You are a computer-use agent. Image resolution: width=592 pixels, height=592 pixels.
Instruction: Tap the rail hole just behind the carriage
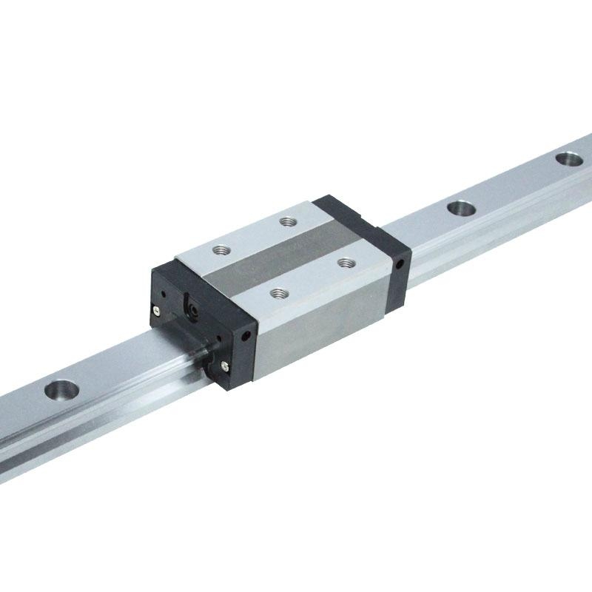pyautogui.click(x=460, y=209)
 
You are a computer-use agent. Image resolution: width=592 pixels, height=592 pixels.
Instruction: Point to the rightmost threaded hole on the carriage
pyautogui.click(x=343, y=261)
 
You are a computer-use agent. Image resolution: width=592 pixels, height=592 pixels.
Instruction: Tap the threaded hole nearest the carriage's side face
pyautogui.click(x=277, y=294)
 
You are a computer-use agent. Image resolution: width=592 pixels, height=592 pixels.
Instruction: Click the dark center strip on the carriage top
pyautogui.click(x=281, y=256)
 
